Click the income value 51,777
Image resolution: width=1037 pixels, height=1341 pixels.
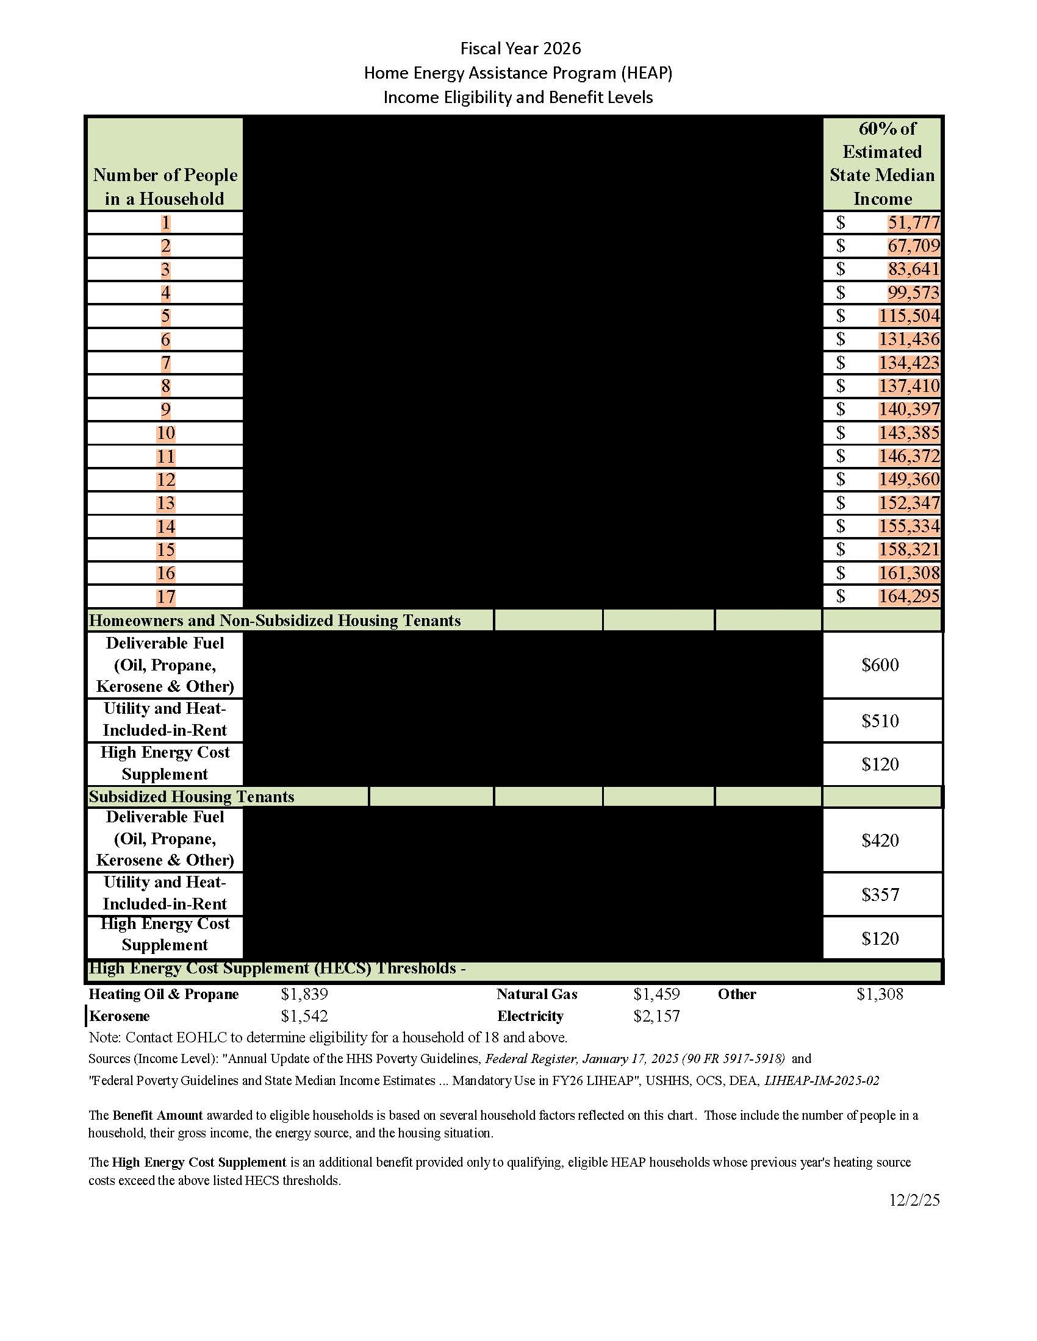click(x=914, y=222)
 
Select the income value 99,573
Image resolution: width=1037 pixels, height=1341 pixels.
click(x=914, y=293)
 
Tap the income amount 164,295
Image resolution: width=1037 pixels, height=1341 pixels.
click(x=909, y=596)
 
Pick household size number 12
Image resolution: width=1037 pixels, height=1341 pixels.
click(x=166, y=480)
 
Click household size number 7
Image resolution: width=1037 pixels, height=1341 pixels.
click(x=166, y=363)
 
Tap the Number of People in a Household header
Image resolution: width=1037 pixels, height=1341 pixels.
click(x=165, y=187)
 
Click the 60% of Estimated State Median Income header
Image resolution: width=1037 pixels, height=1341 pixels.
click(x=882, y=163)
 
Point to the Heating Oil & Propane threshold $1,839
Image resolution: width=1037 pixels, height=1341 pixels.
click(x=304, y=994)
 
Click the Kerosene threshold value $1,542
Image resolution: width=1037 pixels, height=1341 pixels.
click(x=304, y=1016)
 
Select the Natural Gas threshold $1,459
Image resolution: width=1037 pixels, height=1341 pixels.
click(x=656, y=994)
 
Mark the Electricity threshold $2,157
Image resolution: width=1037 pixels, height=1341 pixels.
click(x=656, y=1016)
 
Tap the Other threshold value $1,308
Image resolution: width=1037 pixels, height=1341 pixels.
click(x=880, y=994)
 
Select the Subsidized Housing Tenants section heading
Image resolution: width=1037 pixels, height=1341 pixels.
click(x=192, y=797)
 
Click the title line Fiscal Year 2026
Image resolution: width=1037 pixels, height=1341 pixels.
click(x=520, y=48)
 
